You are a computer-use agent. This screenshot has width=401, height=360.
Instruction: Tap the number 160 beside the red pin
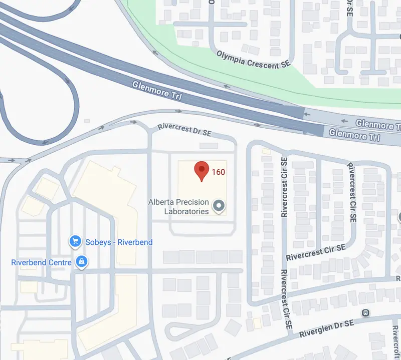(218, 172)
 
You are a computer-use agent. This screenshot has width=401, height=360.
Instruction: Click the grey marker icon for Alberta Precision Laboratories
(219, 205)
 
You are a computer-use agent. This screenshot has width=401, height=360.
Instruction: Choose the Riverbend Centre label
(43, 262)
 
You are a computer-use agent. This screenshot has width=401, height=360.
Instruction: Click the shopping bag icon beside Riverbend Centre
(81, 262)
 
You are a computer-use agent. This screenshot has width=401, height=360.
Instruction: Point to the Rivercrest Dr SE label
(184, 130)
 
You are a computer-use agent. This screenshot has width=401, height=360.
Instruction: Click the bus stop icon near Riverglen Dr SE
(366, 313)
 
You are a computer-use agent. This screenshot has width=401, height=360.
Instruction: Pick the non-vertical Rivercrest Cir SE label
(316, 253)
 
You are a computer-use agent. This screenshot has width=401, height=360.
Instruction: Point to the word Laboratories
(186, 211)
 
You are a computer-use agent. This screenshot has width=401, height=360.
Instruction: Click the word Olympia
(231, 55)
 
